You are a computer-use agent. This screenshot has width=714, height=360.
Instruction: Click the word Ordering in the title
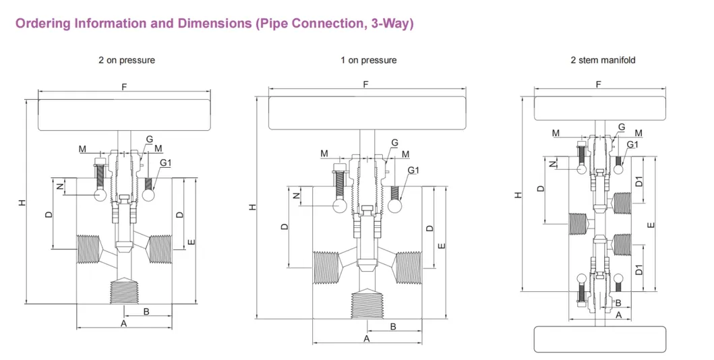tap(42, 23)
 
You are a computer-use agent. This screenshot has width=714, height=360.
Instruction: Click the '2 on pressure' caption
tap(127, 60)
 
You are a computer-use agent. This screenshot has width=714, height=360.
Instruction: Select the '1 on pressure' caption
tap(368, 60)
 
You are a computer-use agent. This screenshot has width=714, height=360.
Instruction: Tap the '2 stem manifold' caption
tap(603, 60)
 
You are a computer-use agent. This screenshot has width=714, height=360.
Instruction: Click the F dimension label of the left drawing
tap(124, 87)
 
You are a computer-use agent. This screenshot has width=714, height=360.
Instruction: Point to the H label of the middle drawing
tap(253, 208)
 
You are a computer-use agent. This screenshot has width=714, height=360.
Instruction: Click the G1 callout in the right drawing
tap(632, 144)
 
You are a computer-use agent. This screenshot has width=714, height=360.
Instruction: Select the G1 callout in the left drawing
tap(165, 162)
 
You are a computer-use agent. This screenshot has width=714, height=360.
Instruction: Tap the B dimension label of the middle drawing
tap(394, 326)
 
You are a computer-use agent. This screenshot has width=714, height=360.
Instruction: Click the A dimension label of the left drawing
tap(123, 323)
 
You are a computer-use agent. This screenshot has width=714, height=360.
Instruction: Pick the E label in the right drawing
tap(651, 224)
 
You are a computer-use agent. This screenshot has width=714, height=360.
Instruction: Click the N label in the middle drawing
tap(297, 196)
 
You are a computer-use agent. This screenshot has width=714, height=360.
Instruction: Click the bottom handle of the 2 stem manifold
tap(599, 339)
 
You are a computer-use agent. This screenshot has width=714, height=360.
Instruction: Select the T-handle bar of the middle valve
tap(367, 113)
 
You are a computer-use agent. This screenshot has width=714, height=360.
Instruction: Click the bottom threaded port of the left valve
tap(124, 292)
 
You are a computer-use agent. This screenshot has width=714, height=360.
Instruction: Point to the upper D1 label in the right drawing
tap(639, 181)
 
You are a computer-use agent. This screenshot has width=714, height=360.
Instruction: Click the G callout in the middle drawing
tap(395, 142)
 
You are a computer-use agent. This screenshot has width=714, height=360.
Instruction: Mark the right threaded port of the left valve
tap(160, 249)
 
